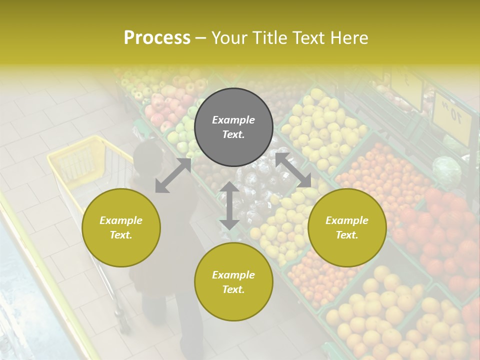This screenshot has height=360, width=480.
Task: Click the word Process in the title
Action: click(157, 38)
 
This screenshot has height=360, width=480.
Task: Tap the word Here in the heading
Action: click(348, 38)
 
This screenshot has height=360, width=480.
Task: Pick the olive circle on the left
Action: click(121, 227)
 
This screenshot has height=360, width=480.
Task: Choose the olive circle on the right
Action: click(347, 227)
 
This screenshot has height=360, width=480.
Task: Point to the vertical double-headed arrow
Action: click(229, 205)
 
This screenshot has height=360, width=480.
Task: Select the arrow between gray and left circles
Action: click(173, 175)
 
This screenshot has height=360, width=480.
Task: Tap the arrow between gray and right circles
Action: click(293, 170)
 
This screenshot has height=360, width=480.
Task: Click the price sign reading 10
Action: click(451, 116)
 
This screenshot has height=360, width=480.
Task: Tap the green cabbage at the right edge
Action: click(446, 170)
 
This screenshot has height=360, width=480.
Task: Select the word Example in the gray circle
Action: click(233, 120)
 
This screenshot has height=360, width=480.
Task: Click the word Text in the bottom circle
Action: click(233, 289)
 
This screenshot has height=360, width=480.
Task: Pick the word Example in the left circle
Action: click(121, 220)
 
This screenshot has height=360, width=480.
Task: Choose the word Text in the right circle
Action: click(347, 235)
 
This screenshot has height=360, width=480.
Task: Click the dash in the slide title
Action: click(200, 38)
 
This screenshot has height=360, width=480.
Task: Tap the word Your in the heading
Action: click(228, 38)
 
